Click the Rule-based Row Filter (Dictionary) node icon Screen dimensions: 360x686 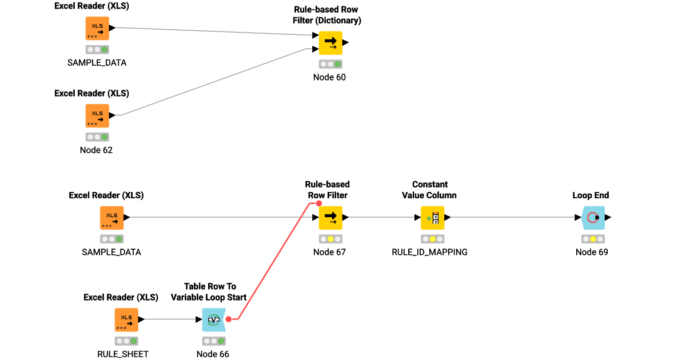pyautogui.click(x=330, y=42)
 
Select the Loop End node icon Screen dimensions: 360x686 pyautogui.click(x=593, y=218)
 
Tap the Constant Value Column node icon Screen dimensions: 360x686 pyautogui.click(x=432, y=218)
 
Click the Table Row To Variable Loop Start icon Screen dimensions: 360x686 pyautogui.click(x=213, y=319)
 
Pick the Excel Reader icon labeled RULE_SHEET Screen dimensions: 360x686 pyautogui.click(x=126, y=319)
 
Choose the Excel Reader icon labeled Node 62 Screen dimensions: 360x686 pyautogui.click(x=97, y=115)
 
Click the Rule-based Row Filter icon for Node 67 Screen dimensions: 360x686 pyautogui.click(x=330, y=218)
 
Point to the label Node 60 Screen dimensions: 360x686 pyautogui.click(x=329, y=77)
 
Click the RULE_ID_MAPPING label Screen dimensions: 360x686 pyautogui.click(x=429, y=252)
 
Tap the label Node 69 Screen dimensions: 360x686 pyautogui.click(x=592, y=252)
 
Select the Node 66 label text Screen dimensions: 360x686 pyautogui.click(x=213, y=354)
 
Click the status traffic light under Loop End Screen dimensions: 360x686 pyautogui.click(x=592, y=239)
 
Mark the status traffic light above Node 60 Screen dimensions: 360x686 pyautogui.click(x=330, y=64)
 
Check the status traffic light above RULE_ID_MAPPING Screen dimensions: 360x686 pyautogui.click(x=432, y=239)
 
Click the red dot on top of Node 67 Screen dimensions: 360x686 pyautogui.click(x=319, y=203)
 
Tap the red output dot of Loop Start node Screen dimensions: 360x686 pyautogui.click(x=228, y=319)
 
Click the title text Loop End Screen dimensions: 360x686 pyautogui.click(x=591, y=195)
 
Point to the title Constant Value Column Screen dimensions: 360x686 pyautogui.click(x=430, y=190)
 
